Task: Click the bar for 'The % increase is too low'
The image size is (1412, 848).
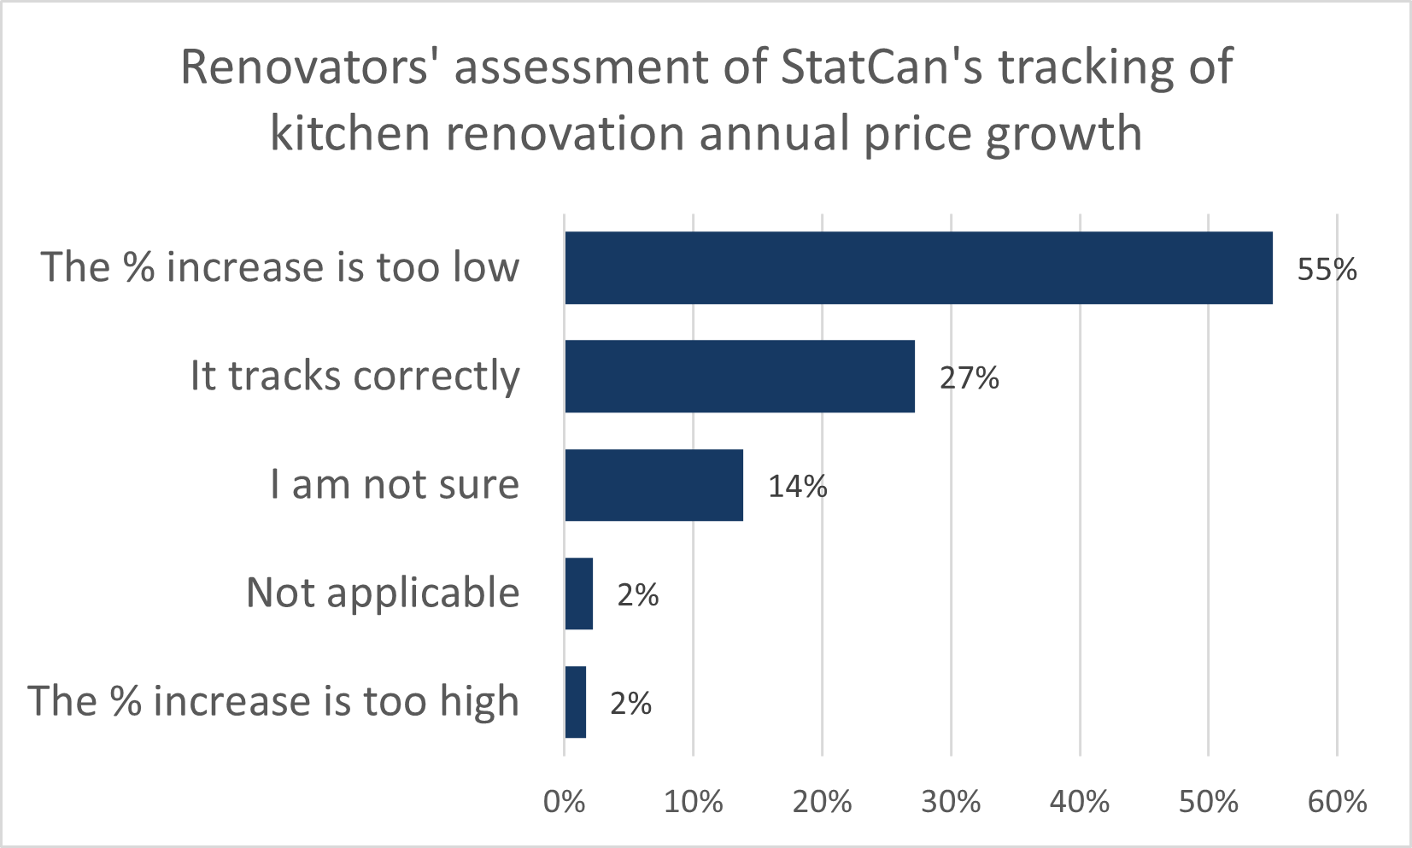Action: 918,267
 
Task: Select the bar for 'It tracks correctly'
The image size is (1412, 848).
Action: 740,376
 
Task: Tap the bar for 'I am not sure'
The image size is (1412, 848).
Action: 653,484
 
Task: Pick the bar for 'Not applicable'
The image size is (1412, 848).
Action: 579,594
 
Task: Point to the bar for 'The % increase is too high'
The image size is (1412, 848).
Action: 576,702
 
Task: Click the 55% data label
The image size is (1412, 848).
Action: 1327,270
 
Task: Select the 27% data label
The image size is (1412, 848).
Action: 969,378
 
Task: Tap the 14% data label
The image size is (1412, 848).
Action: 797,487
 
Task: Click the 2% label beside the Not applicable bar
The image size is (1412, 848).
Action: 638,595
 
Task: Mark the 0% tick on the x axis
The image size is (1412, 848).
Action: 565,802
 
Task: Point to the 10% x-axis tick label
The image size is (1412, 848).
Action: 694,802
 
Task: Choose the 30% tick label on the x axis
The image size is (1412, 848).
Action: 951,802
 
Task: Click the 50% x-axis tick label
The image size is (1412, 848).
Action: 1209,802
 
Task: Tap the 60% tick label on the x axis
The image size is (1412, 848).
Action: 1337,802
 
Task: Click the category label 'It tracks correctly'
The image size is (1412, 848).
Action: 354,377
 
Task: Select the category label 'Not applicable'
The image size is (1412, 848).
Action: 383,593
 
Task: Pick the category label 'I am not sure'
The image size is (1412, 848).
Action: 395,485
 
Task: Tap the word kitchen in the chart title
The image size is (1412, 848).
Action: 349,134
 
